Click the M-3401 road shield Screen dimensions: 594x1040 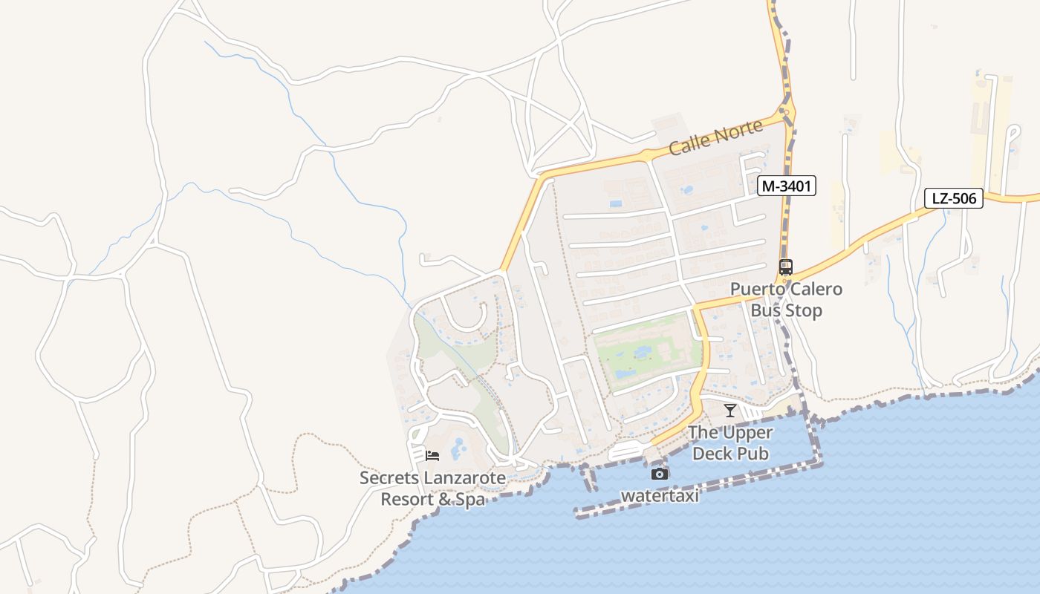pos(787,186)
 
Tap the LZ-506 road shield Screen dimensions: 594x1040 pos(954,198)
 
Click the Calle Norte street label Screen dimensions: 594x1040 pos(715,137)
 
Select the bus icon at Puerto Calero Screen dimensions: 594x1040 pos(786,267)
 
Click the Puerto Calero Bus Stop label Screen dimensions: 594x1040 pos(786,299)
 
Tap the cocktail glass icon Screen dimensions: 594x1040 pos(730,411)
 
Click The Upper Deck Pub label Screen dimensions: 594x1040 pos(730,443)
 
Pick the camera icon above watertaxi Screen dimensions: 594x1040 pos(659,474)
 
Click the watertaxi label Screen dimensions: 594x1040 pos(660,495)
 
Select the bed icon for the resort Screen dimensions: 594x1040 pos(432,455)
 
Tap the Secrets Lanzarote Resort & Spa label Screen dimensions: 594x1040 pos(432,489)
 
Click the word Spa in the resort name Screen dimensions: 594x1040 pos(470,500)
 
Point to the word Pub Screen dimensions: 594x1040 pos(753,453)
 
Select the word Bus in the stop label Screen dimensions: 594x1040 pos(765,310)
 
